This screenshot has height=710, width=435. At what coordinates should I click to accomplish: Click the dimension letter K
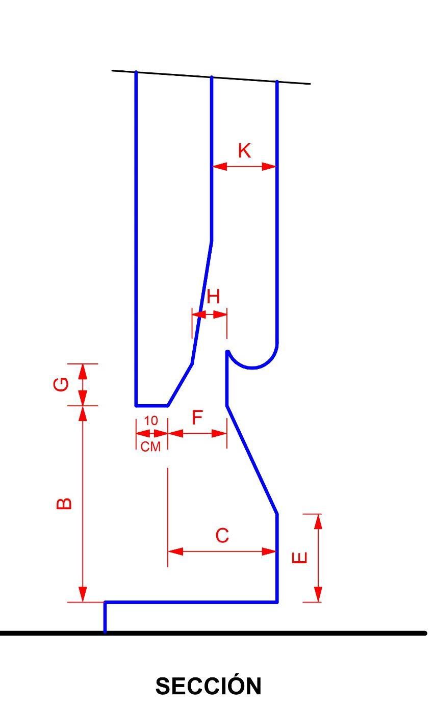(244, 151)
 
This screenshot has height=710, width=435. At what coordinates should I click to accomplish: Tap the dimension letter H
(213, 296)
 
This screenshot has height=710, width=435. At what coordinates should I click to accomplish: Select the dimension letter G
(61, 384)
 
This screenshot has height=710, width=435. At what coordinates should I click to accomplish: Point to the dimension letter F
(197, 418)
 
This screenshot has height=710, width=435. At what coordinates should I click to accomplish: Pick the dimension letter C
(222, 536)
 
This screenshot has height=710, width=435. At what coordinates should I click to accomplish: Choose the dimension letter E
(300, 558)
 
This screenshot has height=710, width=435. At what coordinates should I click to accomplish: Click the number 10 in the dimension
(151, 421)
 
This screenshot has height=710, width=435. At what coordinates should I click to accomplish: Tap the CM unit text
(151, 447)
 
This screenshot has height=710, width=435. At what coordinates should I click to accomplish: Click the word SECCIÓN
(208, 686)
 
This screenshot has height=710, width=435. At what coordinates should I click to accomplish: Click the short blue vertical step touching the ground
(105, 617)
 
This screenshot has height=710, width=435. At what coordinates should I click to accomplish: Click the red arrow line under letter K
(244, 166)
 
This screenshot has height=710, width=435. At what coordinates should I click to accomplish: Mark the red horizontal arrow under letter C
(222, 551)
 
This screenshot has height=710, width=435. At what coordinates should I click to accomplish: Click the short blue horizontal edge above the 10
(151, 405)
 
